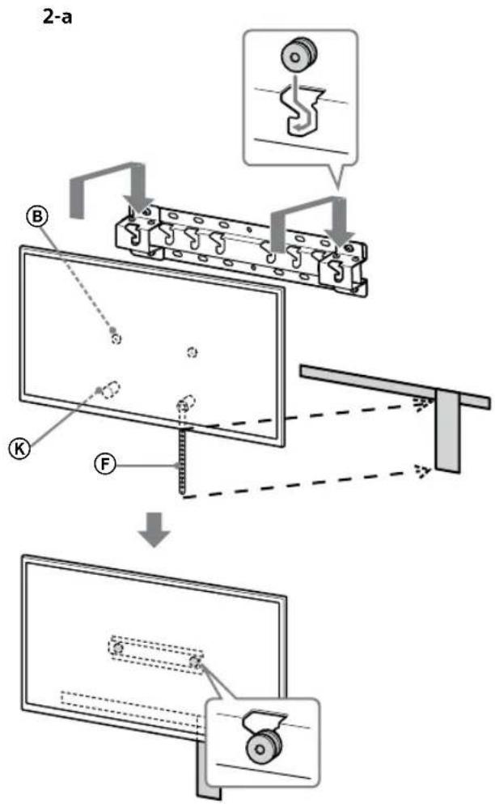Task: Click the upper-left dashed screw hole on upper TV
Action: (x=116, y=338)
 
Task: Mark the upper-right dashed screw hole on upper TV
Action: (x=192, y=351)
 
